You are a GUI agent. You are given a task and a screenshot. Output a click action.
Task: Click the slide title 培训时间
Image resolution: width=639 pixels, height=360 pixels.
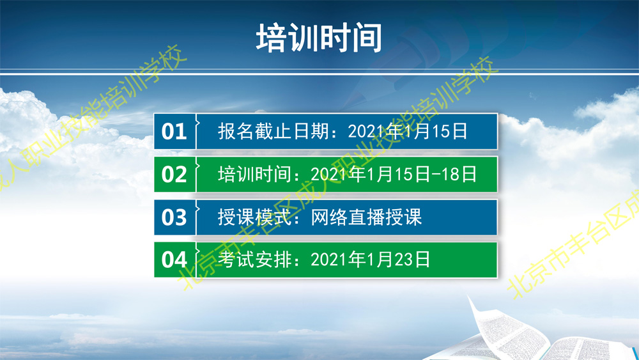pyautogui.click(x=319, y=38)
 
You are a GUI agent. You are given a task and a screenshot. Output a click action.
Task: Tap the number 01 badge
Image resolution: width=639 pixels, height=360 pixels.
pyautogui.click(x=174, y=131)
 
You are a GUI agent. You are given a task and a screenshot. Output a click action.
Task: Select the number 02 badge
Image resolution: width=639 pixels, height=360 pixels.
pyautogui.click(x=174, y=175)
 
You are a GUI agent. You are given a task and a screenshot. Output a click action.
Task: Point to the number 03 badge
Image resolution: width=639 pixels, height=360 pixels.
pyautogui.click(x=174, y=217)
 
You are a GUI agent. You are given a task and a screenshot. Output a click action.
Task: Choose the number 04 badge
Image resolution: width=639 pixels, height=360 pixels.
pyautogui.click(x=174, y=260)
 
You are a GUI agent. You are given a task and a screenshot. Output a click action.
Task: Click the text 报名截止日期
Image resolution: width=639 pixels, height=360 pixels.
pyautogui.click(x=273, y=131)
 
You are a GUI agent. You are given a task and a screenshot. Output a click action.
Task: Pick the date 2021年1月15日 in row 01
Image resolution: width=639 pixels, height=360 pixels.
pyautogui.click(x=408, y=131)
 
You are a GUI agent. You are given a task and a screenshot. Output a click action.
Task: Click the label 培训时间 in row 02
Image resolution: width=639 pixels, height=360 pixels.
pyautogui.click(x=255, y=175)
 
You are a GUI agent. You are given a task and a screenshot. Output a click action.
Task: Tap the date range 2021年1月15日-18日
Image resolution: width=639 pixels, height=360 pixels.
pyautogui.click(x=394, y=175)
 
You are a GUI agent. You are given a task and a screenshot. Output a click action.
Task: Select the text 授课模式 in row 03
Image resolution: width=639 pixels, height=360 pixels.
pyautogui.click(x=255, y=217)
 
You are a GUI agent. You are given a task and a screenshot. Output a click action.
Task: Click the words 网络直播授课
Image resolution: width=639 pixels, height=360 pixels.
pyautogui.click(x=366, y=217)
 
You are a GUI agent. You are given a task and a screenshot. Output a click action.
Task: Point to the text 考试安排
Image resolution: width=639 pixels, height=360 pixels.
pyautogui.click(x=255, y=260)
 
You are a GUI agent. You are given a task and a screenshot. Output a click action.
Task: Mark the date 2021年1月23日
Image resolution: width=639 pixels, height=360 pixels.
pyautogui.click(x=371, y=260)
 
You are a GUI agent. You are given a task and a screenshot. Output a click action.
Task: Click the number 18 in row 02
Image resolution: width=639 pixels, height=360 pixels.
pyautogui.click(x=450, y=175)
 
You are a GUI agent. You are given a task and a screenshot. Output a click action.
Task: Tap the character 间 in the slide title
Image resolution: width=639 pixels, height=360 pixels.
pyautogui.click(x=367, y=38)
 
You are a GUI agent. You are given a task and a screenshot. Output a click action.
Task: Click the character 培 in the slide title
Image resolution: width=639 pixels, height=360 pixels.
pyautogui.click(x=271, y=38)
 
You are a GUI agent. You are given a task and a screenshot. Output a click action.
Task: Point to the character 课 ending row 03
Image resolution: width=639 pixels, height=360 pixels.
pyautogui.click(x=412, y=217)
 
